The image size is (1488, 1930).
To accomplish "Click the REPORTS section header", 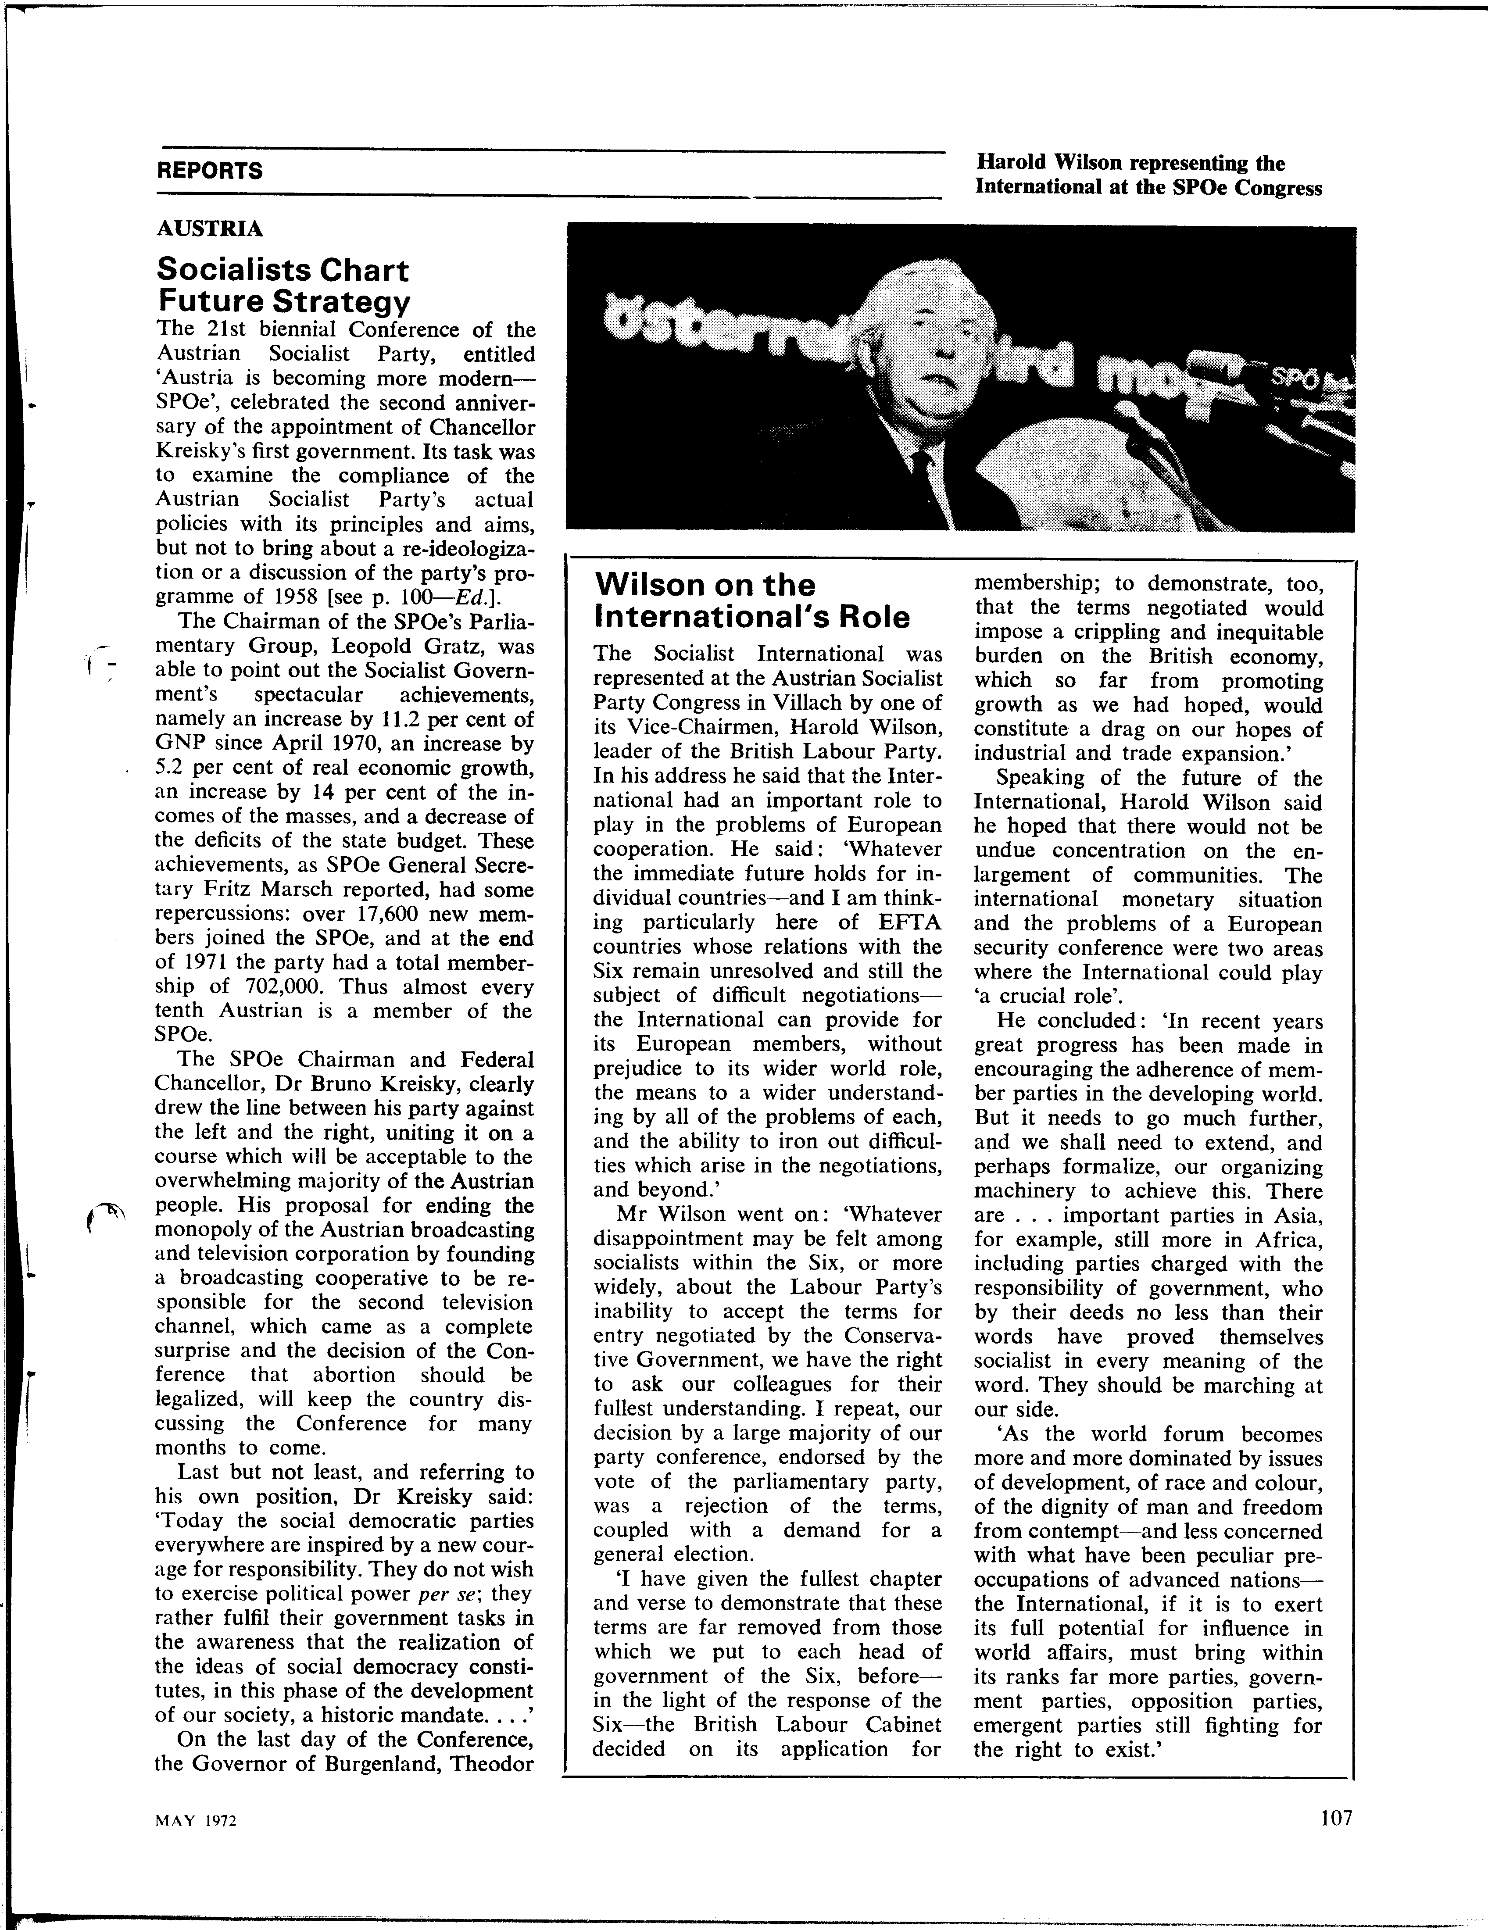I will click(209, 171).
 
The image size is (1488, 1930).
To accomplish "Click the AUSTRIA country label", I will click(209, 229).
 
